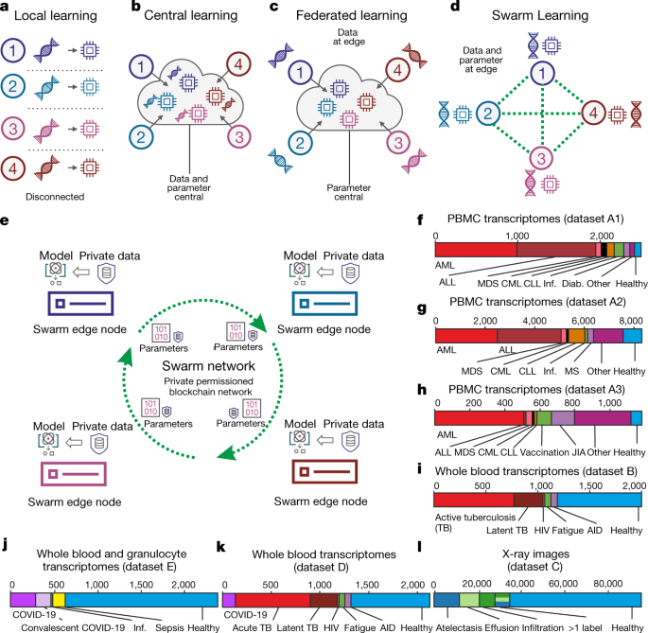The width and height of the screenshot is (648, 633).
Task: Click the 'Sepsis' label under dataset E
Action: (x=158, y=624)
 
